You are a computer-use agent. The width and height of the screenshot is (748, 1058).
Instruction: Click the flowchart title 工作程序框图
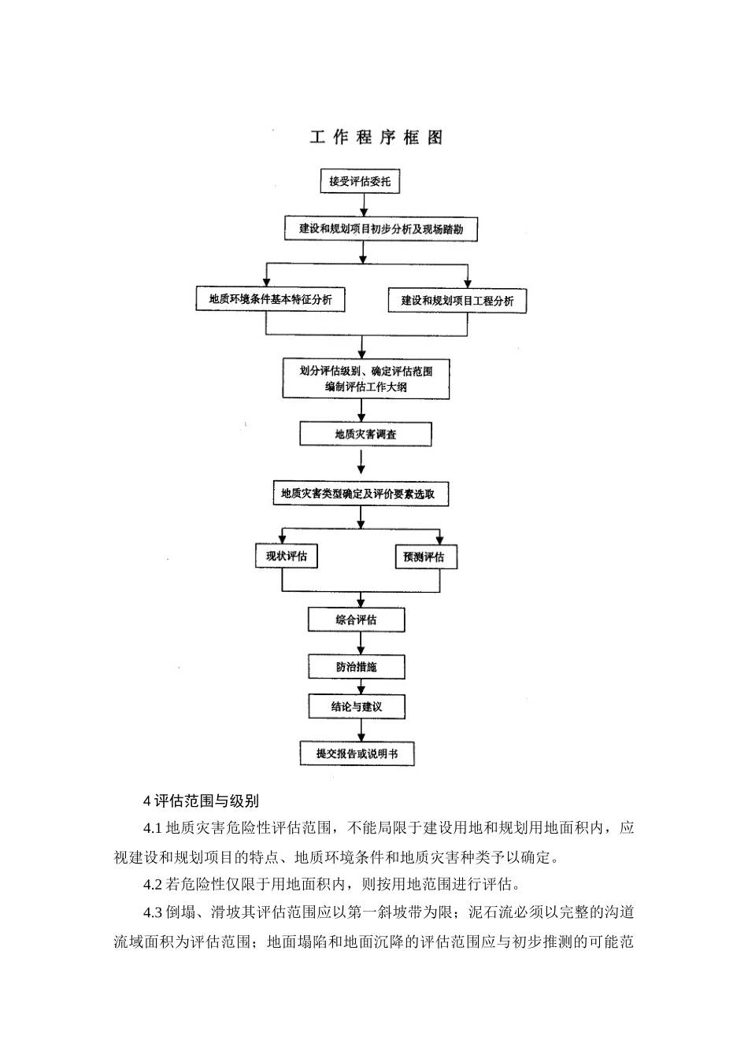[x=376, y=137]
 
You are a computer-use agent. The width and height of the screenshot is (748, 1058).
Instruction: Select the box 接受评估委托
[x=360, y=182]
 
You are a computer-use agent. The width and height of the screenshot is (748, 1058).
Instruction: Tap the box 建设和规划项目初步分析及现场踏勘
[x=380, y=229]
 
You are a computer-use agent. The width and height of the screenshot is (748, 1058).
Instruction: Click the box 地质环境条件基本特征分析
[x=270, y=299]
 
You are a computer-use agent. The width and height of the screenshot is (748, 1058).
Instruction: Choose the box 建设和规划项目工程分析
[x=457, y=301]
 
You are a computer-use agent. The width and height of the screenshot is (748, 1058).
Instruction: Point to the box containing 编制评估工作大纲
[x=366, y=379]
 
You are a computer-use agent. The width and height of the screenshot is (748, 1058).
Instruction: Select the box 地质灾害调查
[x=365, y=434]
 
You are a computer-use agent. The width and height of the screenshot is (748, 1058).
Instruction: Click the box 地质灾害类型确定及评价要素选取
[x=358, y=494]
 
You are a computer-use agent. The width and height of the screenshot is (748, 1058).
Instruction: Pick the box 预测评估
[x=424, y=557]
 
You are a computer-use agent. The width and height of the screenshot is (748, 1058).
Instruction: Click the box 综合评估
[x=356, y=620]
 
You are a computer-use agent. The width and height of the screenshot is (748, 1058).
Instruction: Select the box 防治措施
[x=356, y=667]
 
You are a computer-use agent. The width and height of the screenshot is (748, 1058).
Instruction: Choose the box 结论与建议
[x=356, y=706]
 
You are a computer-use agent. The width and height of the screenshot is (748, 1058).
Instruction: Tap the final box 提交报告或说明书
[x=357, y=753]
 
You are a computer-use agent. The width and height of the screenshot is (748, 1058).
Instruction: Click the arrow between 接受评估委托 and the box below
[x=363, y=204]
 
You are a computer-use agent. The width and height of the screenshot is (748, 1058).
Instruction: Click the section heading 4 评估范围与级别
[x=201, y=801]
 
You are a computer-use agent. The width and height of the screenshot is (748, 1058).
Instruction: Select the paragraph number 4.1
[x=153, y=828]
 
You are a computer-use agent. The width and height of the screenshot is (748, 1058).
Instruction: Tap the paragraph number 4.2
[x=153, y=882]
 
